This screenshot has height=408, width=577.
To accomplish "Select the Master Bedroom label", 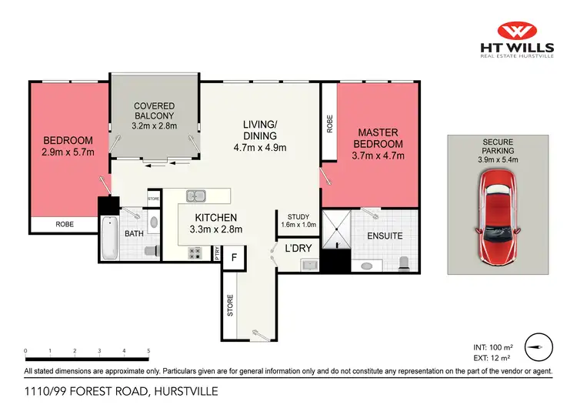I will pos(377,139).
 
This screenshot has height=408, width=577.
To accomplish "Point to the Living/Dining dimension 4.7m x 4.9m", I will pos(260,148).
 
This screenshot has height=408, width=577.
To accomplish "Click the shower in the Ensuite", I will pos(335,229).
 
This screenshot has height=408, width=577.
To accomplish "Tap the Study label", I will pos(297,216).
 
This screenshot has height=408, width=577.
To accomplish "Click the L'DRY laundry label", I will pos(297,249).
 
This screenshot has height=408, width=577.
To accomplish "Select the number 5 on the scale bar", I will pos(148,351).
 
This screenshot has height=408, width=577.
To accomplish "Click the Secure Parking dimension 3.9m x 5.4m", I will pos(497,160).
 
